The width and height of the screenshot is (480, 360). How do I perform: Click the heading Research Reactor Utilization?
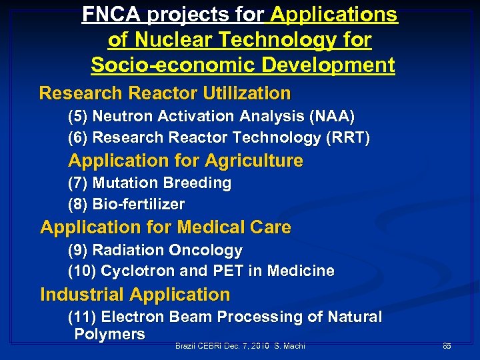(x=165, y=93)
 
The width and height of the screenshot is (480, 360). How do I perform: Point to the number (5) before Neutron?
(x=78, y=117)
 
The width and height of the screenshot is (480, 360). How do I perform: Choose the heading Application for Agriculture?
(x=185, y=161)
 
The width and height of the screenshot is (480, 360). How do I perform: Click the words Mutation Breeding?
(x=162, y=183)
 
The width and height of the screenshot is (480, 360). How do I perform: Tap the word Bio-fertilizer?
(x=139, y=204)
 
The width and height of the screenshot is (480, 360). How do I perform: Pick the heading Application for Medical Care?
(x=165, y=227)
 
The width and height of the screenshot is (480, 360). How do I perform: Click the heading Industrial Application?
(x=135, y=295)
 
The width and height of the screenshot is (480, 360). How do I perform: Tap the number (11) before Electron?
(x=82, y=317)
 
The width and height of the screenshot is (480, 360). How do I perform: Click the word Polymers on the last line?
(x=109, y=335)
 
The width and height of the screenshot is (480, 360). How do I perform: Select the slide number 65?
(x=447, y=346)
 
